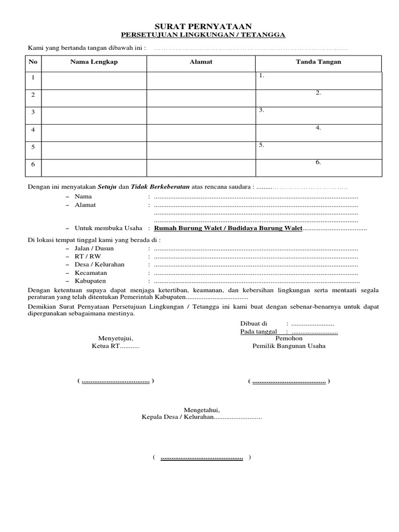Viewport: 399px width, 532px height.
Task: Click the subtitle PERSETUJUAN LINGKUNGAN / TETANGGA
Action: coord(203,35)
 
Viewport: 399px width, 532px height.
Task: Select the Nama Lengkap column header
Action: coord(94,62)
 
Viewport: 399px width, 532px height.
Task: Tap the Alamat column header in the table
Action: coord(201,62)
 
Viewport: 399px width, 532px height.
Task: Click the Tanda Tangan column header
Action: coord(318,62)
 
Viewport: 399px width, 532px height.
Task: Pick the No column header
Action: coord(33,62)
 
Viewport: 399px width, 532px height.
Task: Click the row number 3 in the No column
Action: coord(33,112)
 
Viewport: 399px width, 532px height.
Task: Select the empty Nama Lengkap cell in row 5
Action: coord(94,150)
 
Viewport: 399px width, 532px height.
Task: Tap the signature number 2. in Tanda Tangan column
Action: coord(318,93)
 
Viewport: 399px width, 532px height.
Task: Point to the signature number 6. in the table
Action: coord(318,163)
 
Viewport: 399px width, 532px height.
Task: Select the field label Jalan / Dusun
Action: coord(94,249)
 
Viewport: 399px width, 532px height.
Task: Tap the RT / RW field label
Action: coord(88,257)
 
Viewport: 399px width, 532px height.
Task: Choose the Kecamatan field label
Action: coord(91,273)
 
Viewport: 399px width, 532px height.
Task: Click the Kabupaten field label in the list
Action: coord(90,281)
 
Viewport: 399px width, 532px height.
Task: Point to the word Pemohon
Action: coord(289,338)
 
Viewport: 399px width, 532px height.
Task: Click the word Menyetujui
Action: coord(116,338)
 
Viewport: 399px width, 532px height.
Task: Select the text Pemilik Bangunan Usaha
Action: coord(289,346)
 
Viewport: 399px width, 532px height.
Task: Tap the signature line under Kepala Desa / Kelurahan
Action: coord(202,458)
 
